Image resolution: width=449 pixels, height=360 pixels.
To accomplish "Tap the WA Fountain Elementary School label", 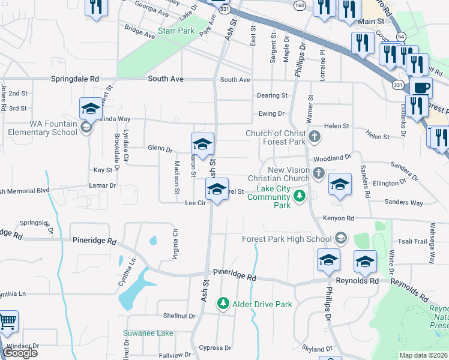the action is [47, 127].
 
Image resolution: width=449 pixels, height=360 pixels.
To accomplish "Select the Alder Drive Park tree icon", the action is [223, 304].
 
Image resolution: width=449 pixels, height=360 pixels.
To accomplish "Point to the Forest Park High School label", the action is [286, 239].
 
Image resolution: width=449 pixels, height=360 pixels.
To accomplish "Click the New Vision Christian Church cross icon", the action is [318, 174].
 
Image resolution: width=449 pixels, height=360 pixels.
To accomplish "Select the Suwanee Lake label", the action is [148, 333].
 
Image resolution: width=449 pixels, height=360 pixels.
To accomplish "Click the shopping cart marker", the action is [7, 323].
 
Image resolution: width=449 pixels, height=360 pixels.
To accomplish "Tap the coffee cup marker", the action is [420, 88].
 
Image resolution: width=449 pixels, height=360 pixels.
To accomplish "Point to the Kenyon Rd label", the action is [338, 218].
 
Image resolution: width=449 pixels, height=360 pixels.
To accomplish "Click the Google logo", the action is [20, 353].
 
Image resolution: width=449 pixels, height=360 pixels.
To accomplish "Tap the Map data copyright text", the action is [423, 355].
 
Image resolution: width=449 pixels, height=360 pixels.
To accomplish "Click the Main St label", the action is [370, 22].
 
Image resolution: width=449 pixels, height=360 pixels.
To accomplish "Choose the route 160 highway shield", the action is [299, 5].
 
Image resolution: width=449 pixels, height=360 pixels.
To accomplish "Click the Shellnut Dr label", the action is [179, 316].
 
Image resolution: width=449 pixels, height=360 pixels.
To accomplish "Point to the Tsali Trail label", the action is [412, 241].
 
